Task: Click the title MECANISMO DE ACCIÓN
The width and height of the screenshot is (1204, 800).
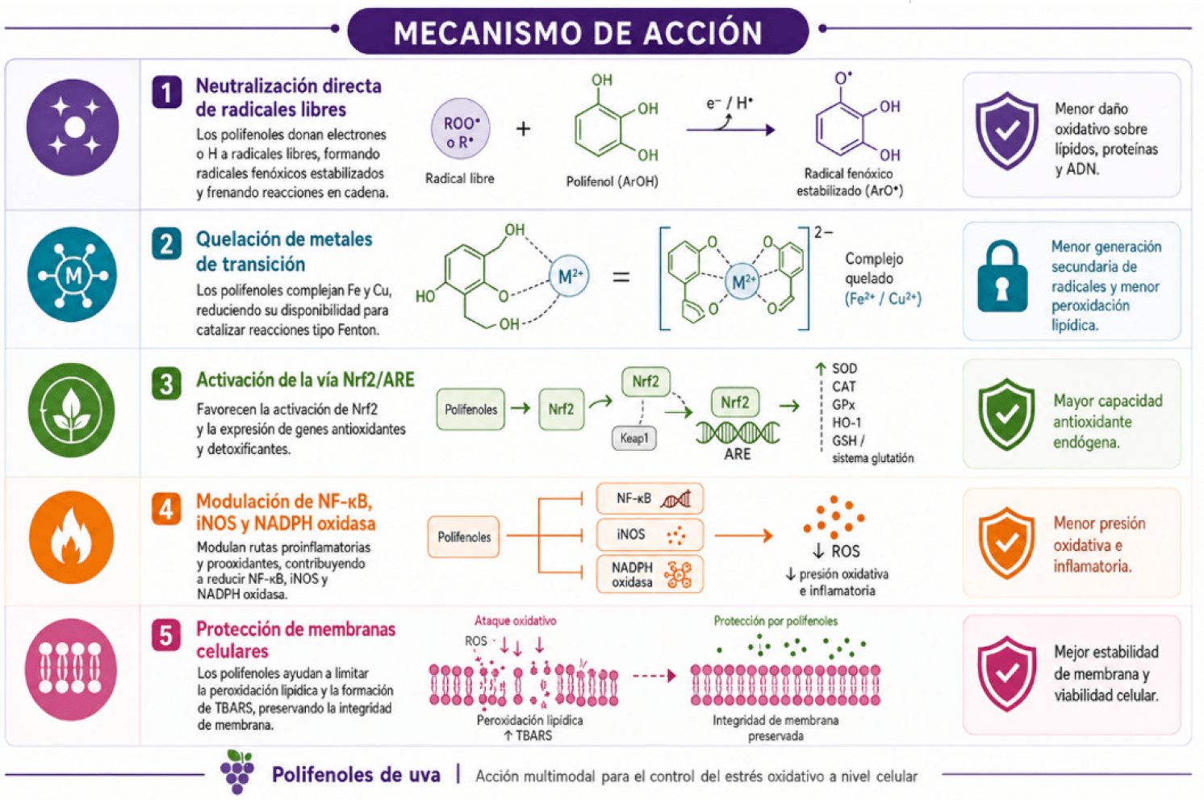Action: click(578, 32)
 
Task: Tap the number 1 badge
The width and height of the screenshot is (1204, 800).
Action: click(166, 92)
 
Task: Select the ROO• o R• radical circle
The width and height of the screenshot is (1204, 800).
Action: click(461, 129)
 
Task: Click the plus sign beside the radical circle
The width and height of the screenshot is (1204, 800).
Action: click(523, 129)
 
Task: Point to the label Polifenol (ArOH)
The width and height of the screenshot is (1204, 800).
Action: click(612, 181)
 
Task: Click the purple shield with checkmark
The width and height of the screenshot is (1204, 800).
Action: click(1007, 131)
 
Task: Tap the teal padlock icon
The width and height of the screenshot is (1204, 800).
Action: click(1002, 276)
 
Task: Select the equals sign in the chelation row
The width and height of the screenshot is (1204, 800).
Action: click(621, 277)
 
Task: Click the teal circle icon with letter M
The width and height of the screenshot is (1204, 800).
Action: click(73, 274)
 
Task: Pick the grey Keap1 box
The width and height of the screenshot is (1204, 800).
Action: click(634, 438)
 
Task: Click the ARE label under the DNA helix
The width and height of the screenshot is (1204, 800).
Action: click(737, 454)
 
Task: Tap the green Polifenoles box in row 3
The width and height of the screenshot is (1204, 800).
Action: click(470, 410)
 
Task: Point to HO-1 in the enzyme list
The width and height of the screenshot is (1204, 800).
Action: click(847, 423)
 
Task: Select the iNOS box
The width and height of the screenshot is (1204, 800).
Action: click(650, 535)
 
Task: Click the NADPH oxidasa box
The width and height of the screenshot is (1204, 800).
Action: click(650, 574)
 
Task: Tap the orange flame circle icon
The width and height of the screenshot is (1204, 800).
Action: click(72, 537)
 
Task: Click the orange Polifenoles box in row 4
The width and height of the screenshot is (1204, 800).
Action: click(464, 537)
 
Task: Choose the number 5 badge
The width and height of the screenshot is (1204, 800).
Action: click(166, 635)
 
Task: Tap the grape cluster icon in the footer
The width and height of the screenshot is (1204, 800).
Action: click(237, 772)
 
